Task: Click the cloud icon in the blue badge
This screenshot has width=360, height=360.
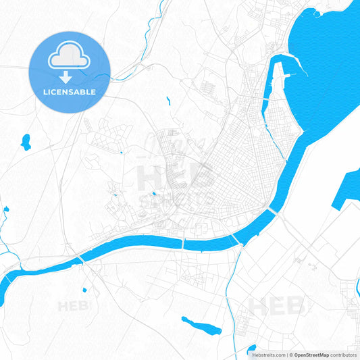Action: pos(70,58)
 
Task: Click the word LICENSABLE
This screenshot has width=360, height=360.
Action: pos(70,91)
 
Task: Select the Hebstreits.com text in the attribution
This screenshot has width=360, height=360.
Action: pos(267,355)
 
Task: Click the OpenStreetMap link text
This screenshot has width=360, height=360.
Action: pos(310,355)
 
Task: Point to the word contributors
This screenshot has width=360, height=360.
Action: pos(344,355)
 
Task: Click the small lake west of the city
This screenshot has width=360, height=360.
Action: pos(26,141)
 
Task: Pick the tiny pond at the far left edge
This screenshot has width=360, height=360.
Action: pos(6,209)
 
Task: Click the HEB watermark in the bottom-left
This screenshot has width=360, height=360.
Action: pos(74,307)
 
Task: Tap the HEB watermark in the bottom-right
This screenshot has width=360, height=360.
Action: pos(277,306)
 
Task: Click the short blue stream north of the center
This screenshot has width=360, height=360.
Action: pos(168,101)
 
